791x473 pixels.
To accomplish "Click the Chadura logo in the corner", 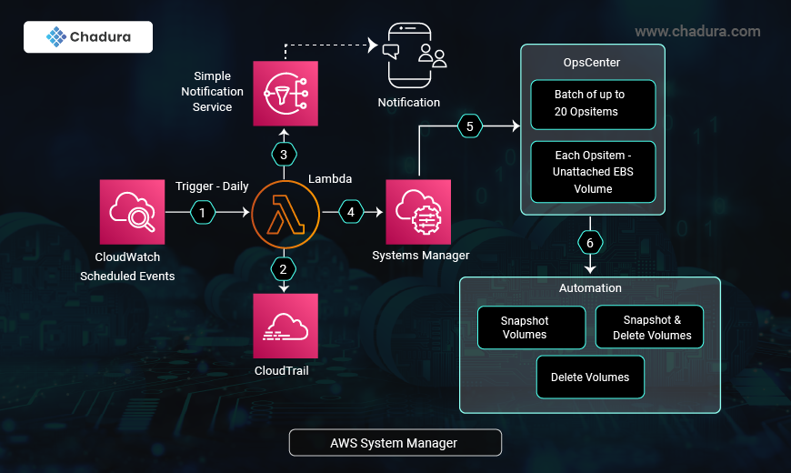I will (88, 37).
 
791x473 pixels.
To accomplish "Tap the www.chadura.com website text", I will (697, 32).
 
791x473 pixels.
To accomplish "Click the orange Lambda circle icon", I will (284, 213).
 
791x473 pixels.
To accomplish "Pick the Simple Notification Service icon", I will (285, 93).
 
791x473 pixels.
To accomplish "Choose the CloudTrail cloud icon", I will (285, 326).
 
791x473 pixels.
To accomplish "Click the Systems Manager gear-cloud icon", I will (418, 212).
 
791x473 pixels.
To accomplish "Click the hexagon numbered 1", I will (203, 213).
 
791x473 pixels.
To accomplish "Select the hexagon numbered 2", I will (284, 268).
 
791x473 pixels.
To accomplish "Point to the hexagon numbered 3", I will (284, 155).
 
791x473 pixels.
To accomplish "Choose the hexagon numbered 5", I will (469, 126).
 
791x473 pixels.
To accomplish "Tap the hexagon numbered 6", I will (590, 244).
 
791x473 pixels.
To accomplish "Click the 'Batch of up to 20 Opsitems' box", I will (593, 103).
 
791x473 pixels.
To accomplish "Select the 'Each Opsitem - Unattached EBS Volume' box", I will (593, 172).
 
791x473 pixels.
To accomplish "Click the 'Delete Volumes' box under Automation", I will (590, 377).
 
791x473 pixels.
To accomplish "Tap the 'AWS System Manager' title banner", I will (395, 443).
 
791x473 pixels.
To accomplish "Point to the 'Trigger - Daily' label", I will (212, 186).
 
